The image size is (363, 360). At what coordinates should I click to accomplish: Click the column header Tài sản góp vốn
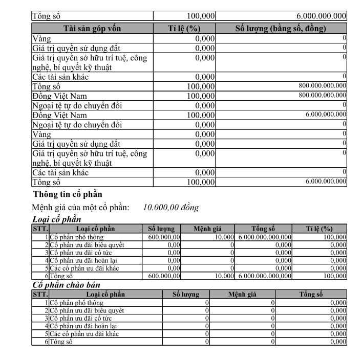(x=92, y=29)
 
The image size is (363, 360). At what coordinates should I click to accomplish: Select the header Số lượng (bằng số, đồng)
(x=281, y=29)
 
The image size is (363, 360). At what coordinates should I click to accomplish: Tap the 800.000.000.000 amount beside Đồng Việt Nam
(x=323, y=96)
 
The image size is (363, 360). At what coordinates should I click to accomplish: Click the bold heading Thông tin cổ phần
(x=68, y=194)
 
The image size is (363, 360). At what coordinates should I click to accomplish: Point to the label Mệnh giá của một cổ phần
(x=80, y=208)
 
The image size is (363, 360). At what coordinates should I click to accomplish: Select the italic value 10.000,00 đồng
(x=171, y=208)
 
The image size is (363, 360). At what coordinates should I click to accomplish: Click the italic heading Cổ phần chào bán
(x=67, y=285)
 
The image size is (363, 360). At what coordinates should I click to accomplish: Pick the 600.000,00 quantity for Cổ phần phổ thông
(x=164, y=237)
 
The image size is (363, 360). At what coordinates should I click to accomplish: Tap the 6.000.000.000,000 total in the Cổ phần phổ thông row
(x=265, y=237)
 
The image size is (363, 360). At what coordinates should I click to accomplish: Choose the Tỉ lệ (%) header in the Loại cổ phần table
(x=319, y=229)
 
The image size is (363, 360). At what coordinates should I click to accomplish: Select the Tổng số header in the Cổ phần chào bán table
(x=311, y=295)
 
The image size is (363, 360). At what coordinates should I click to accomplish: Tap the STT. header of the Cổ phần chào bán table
(x=40, y=295)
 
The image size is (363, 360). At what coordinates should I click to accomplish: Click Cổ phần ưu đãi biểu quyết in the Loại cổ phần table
(x=87, y=245)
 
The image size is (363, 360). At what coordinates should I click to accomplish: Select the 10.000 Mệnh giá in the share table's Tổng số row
(x=224, y=276)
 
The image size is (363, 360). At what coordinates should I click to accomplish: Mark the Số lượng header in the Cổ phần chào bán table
(x=186, y=295)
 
